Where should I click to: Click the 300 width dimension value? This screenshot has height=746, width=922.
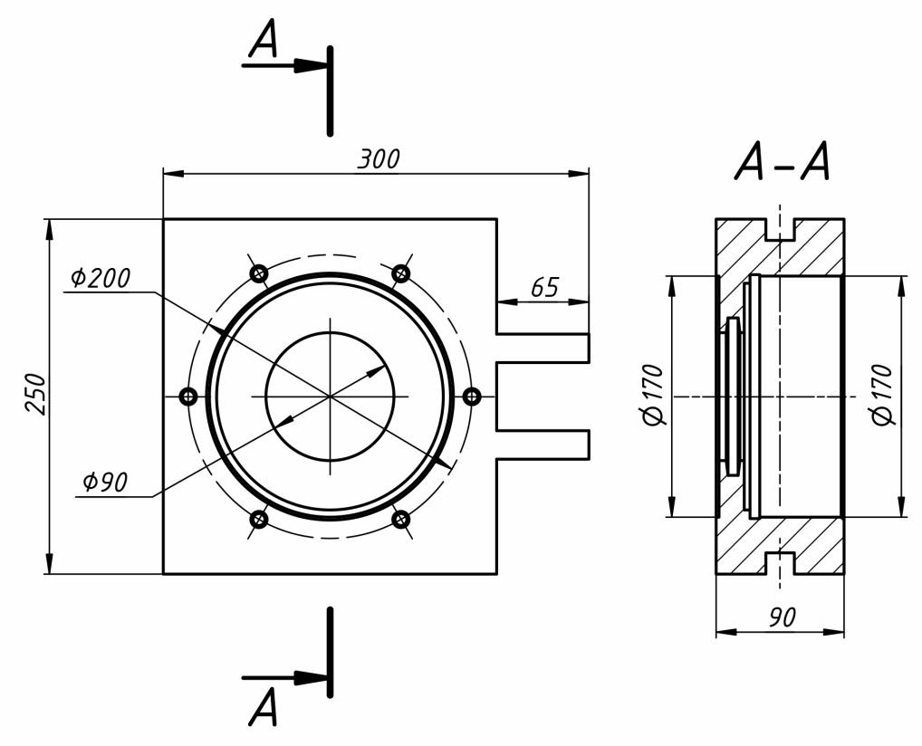(379, 159)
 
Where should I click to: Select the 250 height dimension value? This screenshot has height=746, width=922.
(36, 394)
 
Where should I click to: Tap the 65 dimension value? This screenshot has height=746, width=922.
(545, 288)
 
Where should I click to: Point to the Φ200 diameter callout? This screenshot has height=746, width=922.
(100, 278)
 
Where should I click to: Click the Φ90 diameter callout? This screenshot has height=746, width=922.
(105, 482)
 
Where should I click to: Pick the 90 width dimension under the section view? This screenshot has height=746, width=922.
(782, 617)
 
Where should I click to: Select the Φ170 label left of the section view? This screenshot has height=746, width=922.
(653, 395)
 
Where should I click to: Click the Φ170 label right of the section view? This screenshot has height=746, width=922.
(882, 395)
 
